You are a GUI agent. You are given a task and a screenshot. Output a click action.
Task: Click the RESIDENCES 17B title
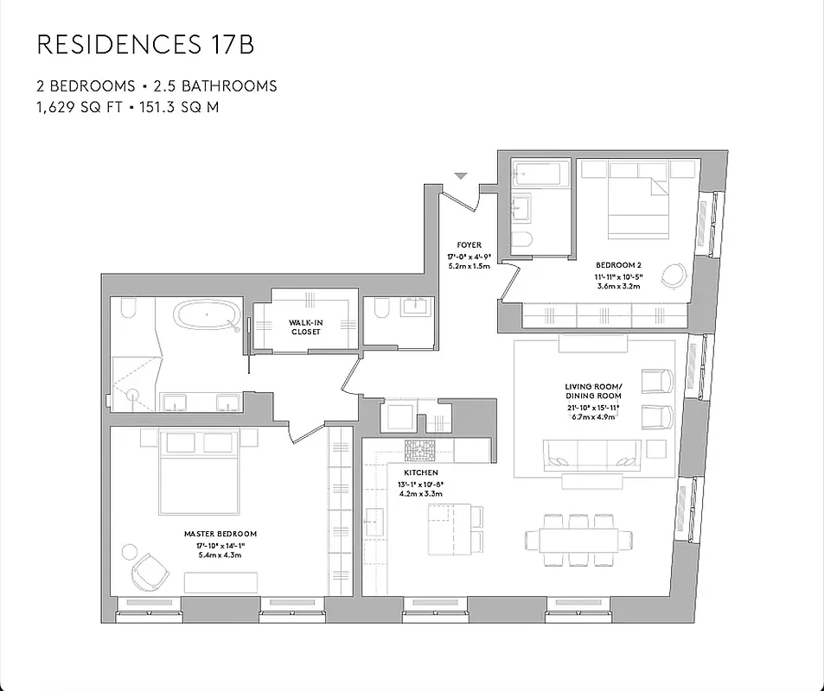(x=145, y=45)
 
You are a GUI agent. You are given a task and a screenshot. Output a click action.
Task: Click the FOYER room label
(x=469, y=245)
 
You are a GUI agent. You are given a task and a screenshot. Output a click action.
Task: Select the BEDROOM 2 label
(x=618, y=265)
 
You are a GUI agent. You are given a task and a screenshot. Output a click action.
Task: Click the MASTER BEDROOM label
(x=220, y=534)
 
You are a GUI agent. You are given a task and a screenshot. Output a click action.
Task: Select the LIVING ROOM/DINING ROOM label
(x=593, y=390)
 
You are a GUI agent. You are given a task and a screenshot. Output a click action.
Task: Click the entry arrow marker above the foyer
(x=462, y=176)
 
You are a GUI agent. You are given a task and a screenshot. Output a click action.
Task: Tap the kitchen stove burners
(x=422, y=448)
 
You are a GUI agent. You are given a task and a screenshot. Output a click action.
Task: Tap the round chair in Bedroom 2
(x=674, y=275)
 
